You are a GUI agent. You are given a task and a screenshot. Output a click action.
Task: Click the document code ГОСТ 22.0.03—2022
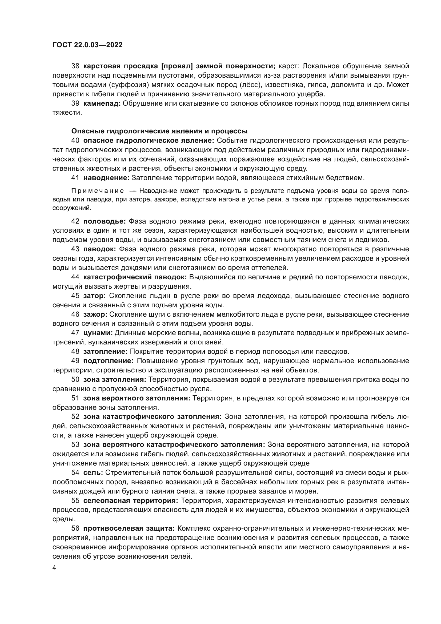point(87,45)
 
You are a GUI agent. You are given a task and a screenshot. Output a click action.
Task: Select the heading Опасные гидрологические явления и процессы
point(159,131)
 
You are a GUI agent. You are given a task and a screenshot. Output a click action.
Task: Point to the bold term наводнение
point(106,178)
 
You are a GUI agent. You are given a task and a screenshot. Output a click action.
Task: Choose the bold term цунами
point(98,333)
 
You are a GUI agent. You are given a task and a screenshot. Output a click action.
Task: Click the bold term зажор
point(95,314)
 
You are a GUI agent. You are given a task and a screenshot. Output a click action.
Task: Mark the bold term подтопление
point(108,361)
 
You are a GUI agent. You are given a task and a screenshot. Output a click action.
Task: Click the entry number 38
point(75,66)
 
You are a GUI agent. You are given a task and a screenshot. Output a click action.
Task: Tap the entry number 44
point(75,277)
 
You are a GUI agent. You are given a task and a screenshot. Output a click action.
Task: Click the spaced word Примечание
point(98,191)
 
